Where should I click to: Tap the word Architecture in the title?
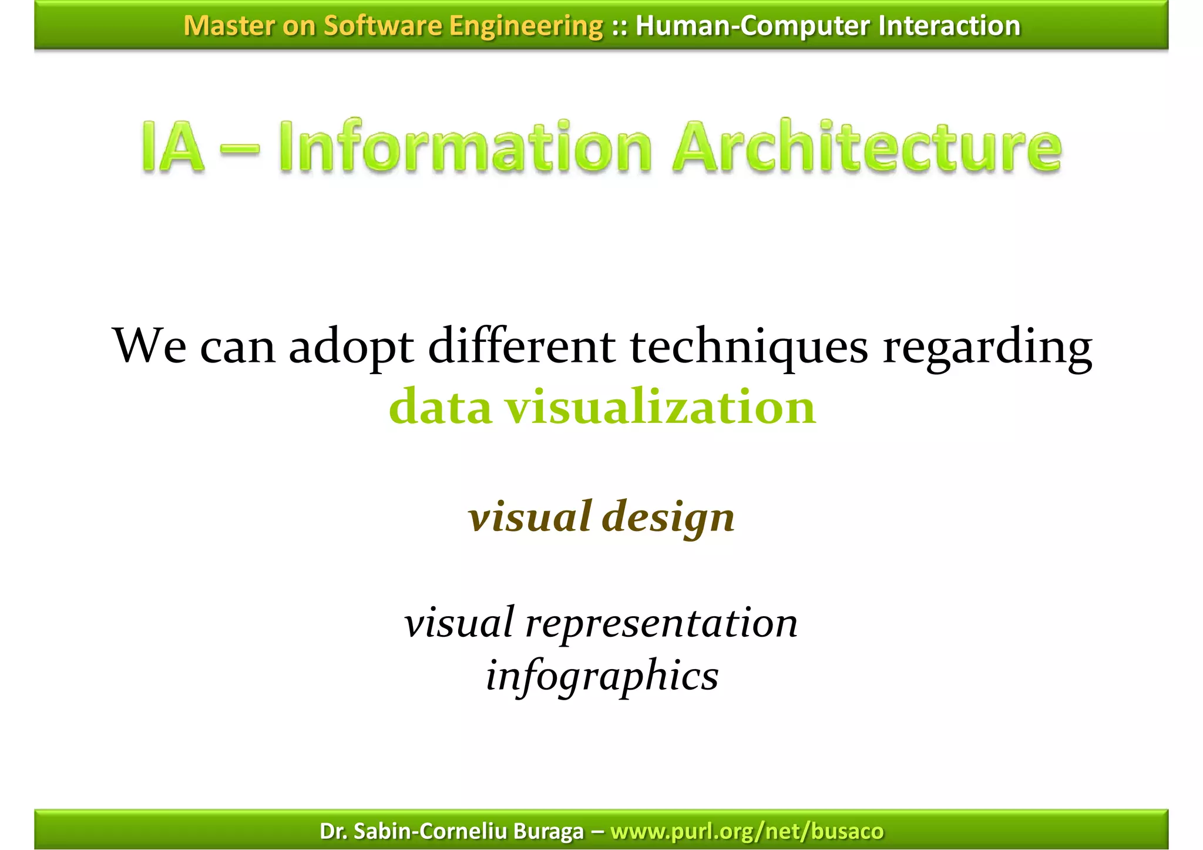tap(867, 147)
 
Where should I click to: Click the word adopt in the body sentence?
tap(352, 347)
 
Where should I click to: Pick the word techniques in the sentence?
tap(749, 347)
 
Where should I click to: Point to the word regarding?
tap(987, 347)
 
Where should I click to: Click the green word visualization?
tap(661, 407)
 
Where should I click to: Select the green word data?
tap(440, 407)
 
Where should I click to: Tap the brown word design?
tap(668, 517)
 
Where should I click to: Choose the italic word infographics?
tap(602, 676)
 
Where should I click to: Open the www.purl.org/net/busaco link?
tap(747, 831)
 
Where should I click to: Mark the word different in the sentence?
tap(522, 347)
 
